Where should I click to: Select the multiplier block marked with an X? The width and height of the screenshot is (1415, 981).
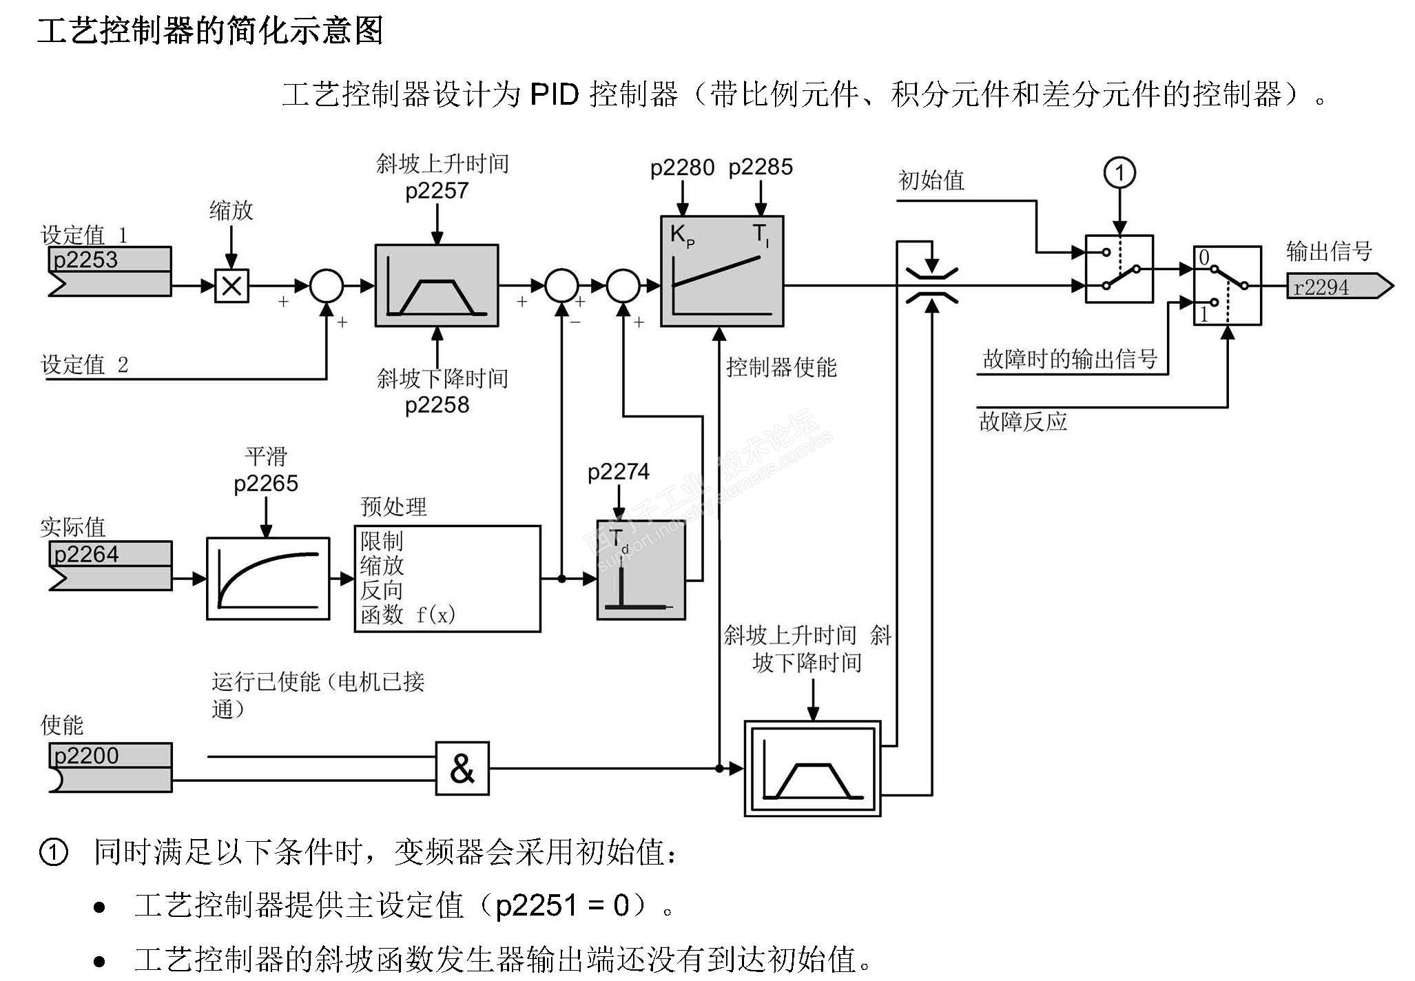pyautogui.click(x=231, y=285)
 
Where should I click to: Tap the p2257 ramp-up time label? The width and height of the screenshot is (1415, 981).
pyautogui.click(x=437, y=191)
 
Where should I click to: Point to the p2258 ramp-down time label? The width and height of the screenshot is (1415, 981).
pyautogui.click(x=437, y=404)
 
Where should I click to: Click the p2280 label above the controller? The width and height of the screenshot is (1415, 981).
pyautogui.click(x=682, y=167)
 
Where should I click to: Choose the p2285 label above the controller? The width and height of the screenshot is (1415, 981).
pyautogui.click(x=761, y=167)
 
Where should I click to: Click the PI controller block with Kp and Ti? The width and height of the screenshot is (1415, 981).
pyautogui.click(x=721, y=271)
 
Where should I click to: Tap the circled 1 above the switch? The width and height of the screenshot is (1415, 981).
pyautogui.click(x=1119, y=173)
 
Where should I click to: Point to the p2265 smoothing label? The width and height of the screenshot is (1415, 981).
pyautogui.click(x=266, y=484)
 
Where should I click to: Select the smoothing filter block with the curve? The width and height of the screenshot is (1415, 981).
pyautogui.click(x=268, y=579)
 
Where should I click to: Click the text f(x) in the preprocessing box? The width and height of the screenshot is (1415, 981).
pyautogui.click(x=435, y=615)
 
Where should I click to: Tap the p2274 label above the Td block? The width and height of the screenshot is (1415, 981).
pyautogui.click(x=618, y=472)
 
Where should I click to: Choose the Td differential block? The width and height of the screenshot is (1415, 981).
pyautogui.click(x=641, y=570)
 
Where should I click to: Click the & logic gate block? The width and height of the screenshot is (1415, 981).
pyautogui.click(x=462, y=768)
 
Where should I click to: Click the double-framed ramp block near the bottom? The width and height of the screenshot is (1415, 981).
pyautogui.click(x=812, y=768)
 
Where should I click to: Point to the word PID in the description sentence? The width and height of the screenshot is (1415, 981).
pyautogui.click(x=554, y=94)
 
